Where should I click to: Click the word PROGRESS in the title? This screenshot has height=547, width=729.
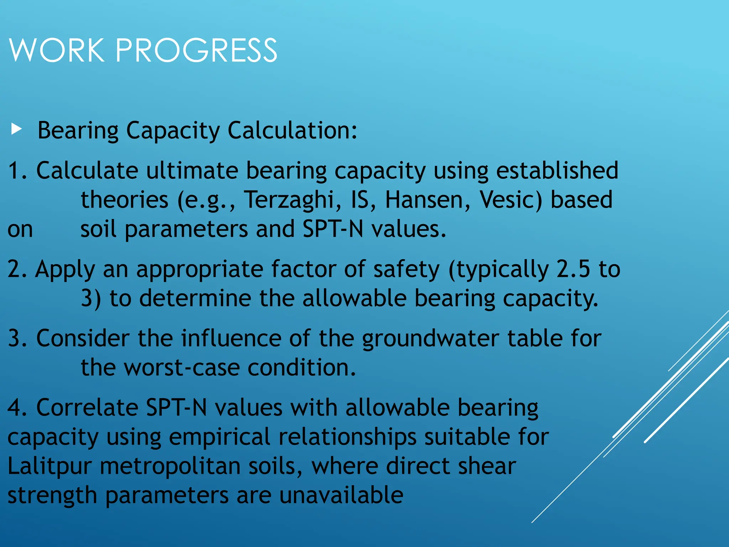[x=196, y=50]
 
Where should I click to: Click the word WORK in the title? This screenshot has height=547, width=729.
[x=57, y=50]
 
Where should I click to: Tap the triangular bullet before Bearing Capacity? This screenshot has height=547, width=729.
[x=16, y=129]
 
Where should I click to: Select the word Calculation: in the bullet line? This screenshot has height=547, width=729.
[x=292, y=130]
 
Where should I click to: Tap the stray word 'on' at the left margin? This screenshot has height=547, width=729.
[x=20, y=230]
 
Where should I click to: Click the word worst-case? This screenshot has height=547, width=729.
[x=182, y=368]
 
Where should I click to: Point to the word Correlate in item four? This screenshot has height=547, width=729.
[x=87, y=407]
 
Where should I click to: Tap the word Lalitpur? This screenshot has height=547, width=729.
[x=49, y=467]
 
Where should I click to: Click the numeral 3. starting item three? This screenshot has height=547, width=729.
[x=17, y=338]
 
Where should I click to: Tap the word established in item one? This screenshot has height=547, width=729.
[x=557, y=170]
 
